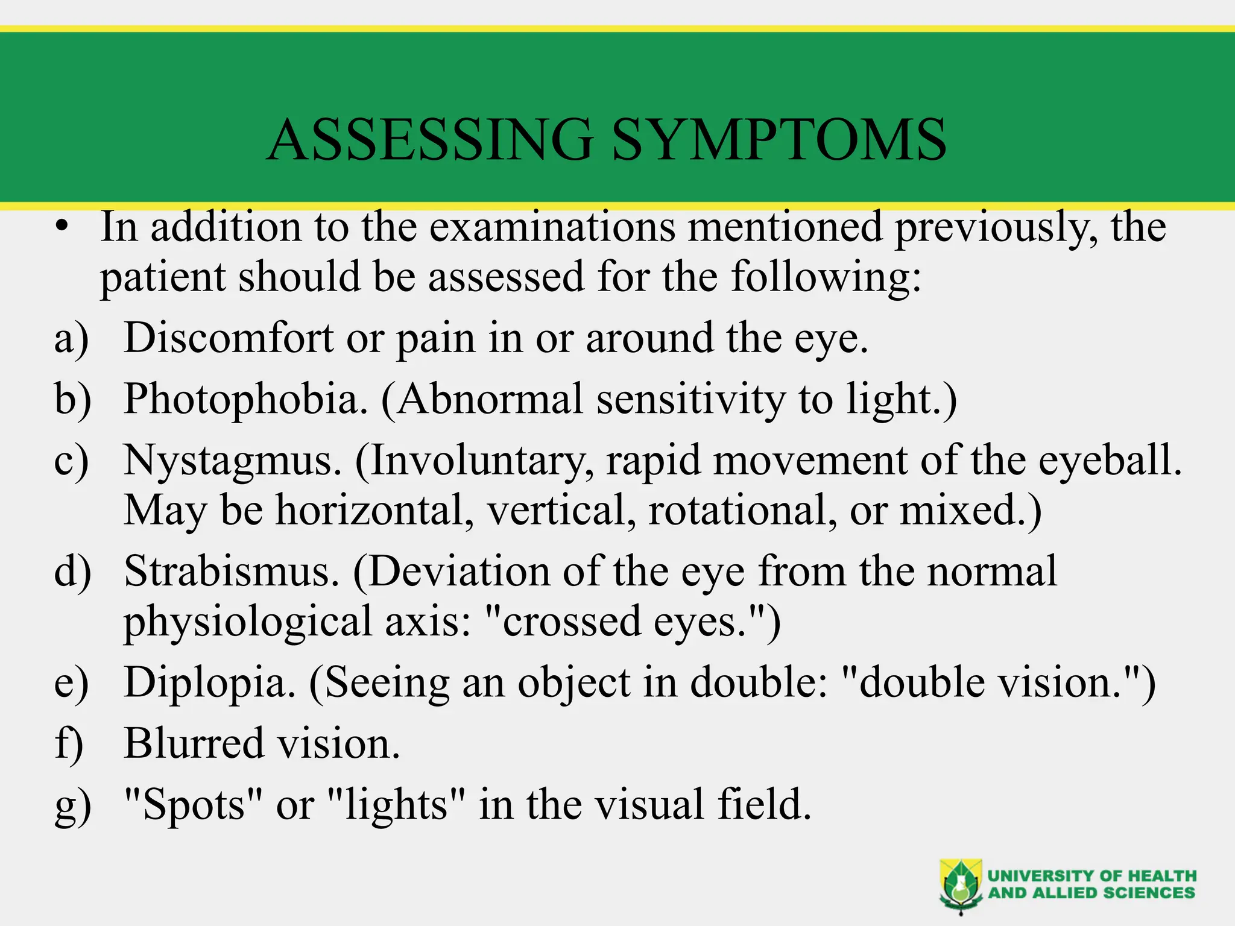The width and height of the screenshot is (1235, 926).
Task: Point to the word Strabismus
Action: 232,571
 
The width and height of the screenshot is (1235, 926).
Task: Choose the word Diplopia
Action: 210,682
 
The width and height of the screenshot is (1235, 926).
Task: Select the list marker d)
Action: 72,571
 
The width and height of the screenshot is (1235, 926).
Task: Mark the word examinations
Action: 552,227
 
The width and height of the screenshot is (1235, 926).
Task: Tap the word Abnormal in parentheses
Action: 490,399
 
